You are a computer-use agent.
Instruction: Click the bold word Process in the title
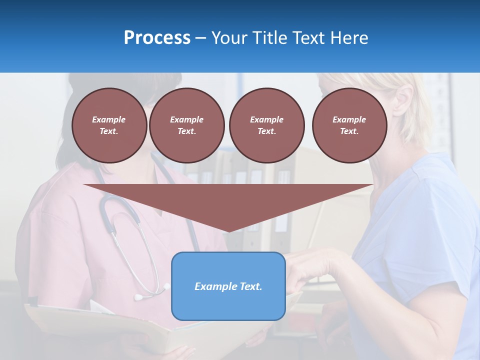click(x=157, y=37)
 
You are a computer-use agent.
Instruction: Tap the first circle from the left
click(x=109, y=125)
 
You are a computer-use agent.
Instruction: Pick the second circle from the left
click(x=186, y=125)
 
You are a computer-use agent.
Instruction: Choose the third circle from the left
click(x=266, y=125)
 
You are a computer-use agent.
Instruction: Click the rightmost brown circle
click(x=349, y=125)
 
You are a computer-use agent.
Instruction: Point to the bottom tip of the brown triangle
click(x=228, y=231)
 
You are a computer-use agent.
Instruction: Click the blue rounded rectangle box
click(x=228, y=305)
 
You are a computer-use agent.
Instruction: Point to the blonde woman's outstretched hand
click(x=305, y=270)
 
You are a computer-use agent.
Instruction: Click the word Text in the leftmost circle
click(x=109, y=131)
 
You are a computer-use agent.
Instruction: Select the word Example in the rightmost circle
click(x=349, y=119)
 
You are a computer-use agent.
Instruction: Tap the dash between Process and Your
click(x=201, y=38)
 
